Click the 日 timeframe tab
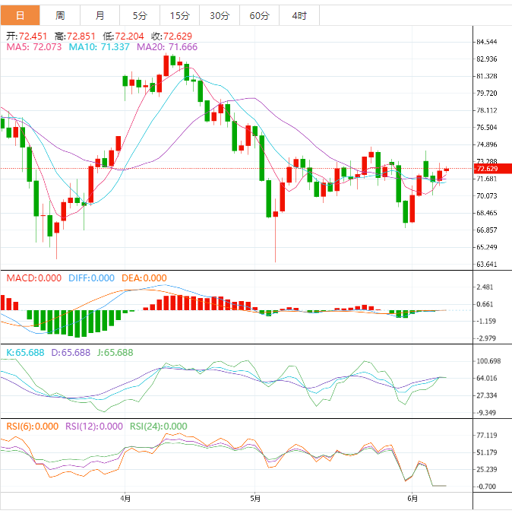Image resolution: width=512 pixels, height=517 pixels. [20, 15]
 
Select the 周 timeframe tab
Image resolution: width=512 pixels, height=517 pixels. [60, 15]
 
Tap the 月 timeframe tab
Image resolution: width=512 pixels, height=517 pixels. [100, 15]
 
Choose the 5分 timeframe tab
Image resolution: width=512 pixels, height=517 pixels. [140, 15]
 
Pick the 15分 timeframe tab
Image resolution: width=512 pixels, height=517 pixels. [180, 15]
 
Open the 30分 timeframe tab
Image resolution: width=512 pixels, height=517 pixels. [220, 15]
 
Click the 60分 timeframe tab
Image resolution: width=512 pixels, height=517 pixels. [259, 15]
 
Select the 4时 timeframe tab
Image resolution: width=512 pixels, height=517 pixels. [299, 15]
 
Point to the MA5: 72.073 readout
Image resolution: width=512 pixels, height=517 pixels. [33, 46]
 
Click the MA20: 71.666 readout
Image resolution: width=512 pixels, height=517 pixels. [167, 46]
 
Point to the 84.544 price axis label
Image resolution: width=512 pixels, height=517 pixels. [485, 42]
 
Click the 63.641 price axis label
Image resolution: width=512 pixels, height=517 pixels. [485, 265]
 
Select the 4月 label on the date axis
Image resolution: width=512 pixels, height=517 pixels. [126, 499]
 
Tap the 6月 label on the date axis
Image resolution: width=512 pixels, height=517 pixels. [412, 499]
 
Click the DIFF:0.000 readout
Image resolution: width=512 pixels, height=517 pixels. [91, 278]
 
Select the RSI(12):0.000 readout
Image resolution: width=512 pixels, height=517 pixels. [94, 427]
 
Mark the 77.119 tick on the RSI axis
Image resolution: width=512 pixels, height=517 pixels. [485, 436]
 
